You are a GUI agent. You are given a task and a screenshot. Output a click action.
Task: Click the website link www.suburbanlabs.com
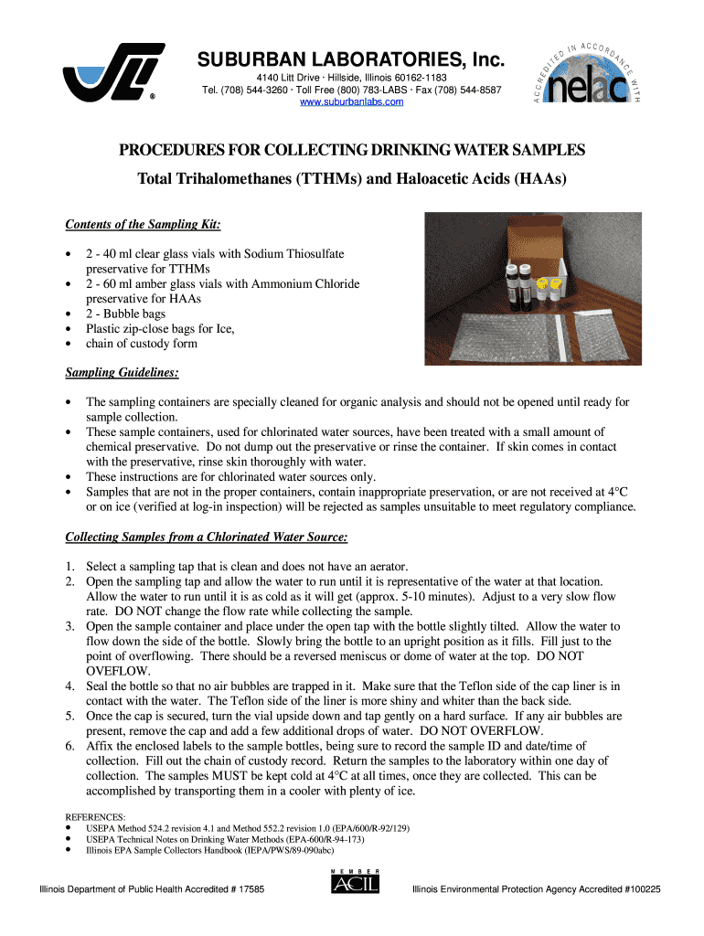coord(352,101)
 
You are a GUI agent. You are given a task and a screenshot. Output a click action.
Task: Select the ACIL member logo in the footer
coord(355,883)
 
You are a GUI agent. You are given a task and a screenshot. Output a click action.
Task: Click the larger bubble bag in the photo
coord(494,335)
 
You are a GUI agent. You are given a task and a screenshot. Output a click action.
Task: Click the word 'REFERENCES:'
coord(95,816)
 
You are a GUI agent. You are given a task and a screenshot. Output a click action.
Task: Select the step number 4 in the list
coord(69,686)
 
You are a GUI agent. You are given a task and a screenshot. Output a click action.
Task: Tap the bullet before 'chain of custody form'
coord(69,344)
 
